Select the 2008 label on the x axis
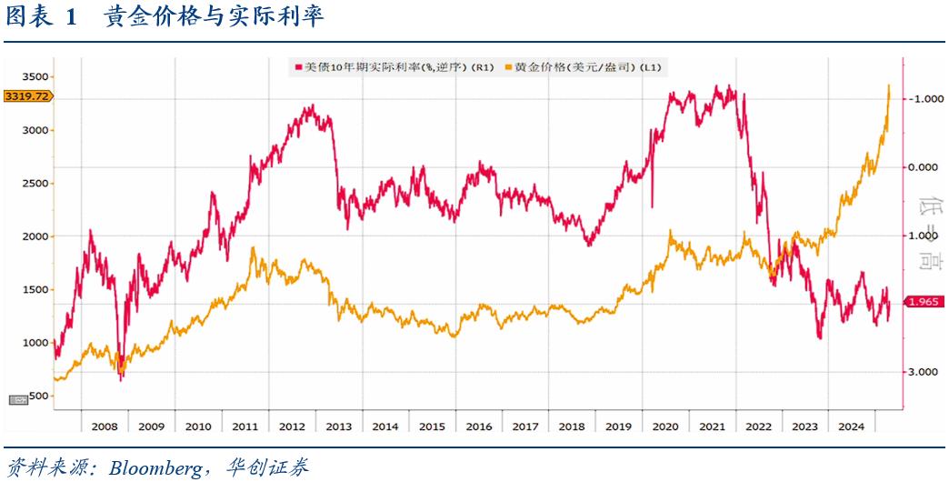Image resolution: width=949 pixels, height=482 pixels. [x=104, y=426]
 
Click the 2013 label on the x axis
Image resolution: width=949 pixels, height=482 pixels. [x=338, y=426]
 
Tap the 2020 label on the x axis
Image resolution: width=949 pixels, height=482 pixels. [x=665, y=426]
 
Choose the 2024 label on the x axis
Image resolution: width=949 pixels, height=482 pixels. [x=852, y=426]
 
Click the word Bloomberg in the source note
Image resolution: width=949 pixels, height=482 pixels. [x=155, y=468]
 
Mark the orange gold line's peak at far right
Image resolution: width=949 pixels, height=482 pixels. [x=888, y=85]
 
